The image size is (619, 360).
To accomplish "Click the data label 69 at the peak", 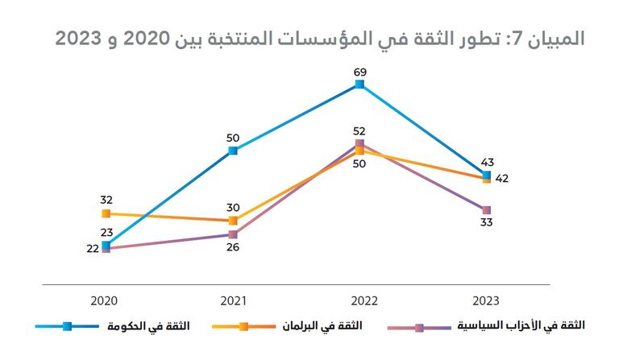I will [359, 72].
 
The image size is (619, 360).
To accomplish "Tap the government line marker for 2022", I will [359, 84].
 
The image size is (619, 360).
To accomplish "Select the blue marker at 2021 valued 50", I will [233, 151].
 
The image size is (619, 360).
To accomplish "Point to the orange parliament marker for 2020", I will [106, 213].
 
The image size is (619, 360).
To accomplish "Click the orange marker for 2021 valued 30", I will [233, 221].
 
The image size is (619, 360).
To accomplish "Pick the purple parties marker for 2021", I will [233, 234].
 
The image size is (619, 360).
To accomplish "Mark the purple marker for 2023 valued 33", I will [486, 210].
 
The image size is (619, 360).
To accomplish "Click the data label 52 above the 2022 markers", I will [359, 130].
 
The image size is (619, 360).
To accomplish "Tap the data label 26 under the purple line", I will [233, 247].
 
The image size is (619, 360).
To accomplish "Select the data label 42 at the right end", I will [501, 179].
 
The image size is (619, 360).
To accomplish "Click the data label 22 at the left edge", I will [92, 249].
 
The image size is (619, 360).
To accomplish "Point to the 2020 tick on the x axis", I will [106, 300].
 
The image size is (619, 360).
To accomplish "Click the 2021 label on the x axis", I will [233, 300].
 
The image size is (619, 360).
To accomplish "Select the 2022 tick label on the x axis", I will [359, 300].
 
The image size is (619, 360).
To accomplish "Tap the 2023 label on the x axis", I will [486, 300].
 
